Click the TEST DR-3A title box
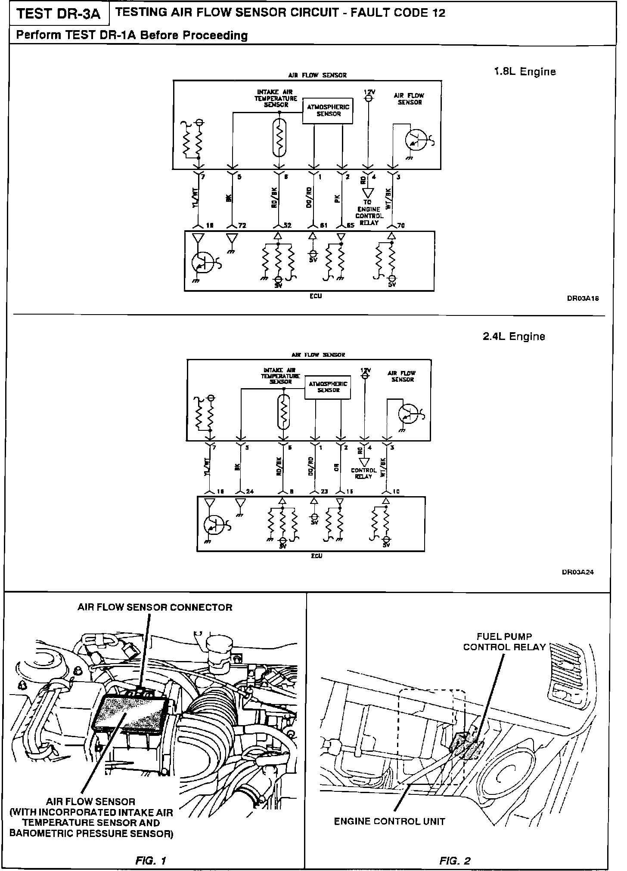[59, 14]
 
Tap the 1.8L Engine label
[525, 72]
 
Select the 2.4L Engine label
[514, 337]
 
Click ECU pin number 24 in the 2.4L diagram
[250, 491]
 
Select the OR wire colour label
[337, 467]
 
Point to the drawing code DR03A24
[578, 572]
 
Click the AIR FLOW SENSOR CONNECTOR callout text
[155, 607]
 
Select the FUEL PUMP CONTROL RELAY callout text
[504, 642]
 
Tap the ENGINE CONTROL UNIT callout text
[389, 821]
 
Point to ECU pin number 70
[401, 225]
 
